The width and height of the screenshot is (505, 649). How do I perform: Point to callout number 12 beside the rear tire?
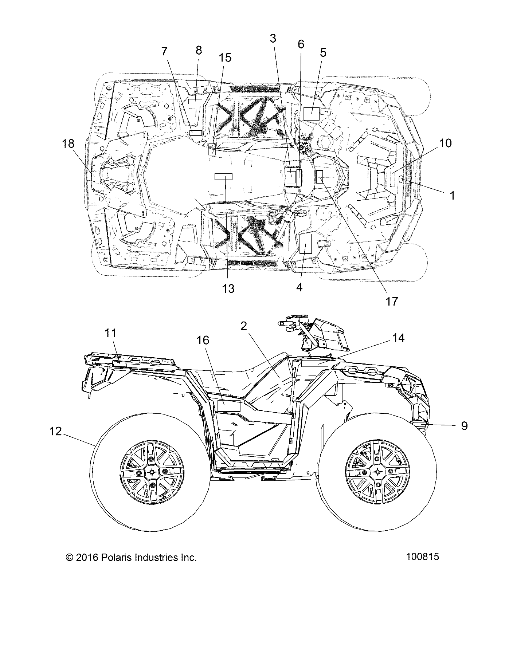(55, 431)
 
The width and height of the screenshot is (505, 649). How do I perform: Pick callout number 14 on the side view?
(398, 338)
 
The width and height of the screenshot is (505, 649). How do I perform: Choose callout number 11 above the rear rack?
(110, 333)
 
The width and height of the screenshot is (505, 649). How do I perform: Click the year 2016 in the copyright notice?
(87, 558)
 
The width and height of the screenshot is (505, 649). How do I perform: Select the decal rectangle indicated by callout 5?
(312, 114)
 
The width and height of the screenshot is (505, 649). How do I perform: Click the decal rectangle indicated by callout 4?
(305, 244)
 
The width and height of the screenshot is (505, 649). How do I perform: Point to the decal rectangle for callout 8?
(195, 101)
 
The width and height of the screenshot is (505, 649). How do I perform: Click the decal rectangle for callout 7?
(195, 132)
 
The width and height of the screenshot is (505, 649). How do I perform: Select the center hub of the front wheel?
(377, 471)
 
